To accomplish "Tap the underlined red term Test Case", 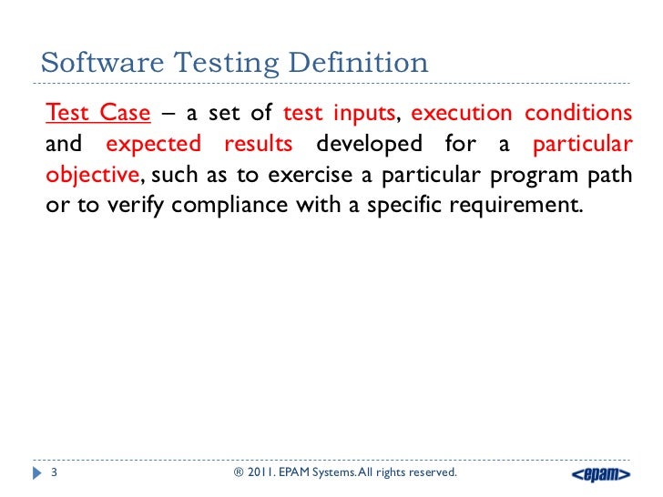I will (97, 114).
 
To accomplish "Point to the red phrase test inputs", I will (341, 114).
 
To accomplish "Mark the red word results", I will (259, 144).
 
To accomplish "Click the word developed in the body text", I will (369, 144).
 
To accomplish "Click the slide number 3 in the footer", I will (54, 473).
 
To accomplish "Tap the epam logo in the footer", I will (600, 474).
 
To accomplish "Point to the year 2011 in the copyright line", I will (264, 473).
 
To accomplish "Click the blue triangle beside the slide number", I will (36, 473).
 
